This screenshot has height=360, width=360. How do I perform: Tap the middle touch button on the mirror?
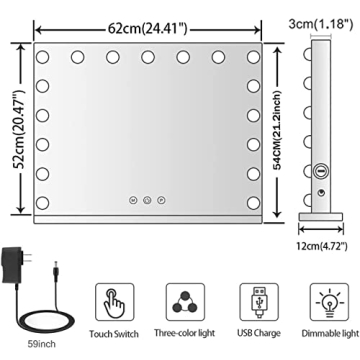click(x=146, y=199)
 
